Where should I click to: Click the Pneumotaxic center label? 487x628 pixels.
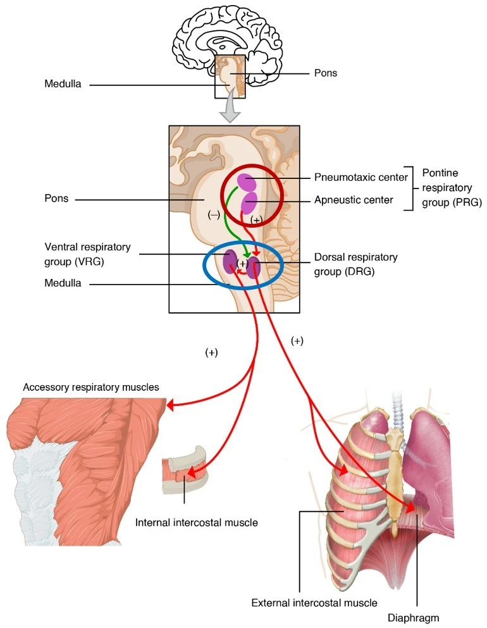pos(361,177)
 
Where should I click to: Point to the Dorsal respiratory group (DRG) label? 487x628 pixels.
pos(355,264)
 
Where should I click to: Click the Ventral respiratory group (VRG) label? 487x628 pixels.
pos(87,254)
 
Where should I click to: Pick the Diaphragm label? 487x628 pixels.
pos(413,618)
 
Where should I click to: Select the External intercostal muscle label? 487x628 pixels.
pos(314,602)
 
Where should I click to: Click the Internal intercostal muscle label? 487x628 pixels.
pos(196,522)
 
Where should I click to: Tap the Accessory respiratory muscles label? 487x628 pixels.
pos(91,387)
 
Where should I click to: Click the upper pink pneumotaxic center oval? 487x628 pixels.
pos(246,182)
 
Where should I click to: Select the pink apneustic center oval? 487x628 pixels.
pos(249,202)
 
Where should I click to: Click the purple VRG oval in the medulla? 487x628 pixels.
pos(230,262)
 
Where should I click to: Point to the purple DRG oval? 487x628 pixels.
pos(253,268)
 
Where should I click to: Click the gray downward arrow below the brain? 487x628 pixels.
pos(230,110)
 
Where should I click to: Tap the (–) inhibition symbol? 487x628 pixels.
pos(214,214)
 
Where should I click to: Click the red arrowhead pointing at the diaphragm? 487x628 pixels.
pos(410,507)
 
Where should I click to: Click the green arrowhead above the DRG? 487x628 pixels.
pos(247,255)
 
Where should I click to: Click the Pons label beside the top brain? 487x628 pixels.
pos(325,73)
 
